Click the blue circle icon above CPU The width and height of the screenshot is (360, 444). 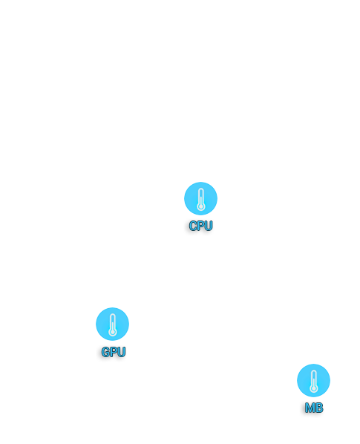[x=200, y=198]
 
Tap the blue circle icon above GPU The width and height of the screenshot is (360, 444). [x=112, y=324]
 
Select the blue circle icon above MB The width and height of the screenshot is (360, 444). [x=313, y=380]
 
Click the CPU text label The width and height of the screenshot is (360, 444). [x=200, y=226]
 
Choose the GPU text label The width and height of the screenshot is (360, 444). [x=114, y=352]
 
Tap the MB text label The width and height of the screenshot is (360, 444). [x=314, y=408]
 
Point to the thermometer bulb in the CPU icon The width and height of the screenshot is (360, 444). [x=201, y=206]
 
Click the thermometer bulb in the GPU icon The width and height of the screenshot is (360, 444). [x=113, y=332]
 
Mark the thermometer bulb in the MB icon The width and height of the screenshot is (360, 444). [x=314, y=388]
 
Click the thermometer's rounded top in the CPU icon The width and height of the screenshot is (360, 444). [x=201, y=189]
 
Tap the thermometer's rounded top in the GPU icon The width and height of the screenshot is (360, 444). [x=113, y=315]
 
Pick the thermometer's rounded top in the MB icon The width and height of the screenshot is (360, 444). [x=314, y=371]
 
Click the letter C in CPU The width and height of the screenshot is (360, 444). [x=193, y=226]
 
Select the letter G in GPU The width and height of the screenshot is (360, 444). [x=105, y=352]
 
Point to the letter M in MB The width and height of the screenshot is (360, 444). [x=310, y=408]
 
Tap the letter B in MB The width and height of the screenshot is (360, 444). [x=319, y=408]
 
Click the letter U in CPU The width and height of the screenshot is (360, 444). [x=209, y=226]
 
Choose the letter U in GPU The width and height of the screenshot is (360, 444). [x=122, y=352]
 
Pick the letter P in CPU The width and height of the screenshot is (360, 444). [x=201, y=226]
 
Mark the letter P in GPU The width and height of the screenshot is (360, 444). [x=114, y=352]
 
